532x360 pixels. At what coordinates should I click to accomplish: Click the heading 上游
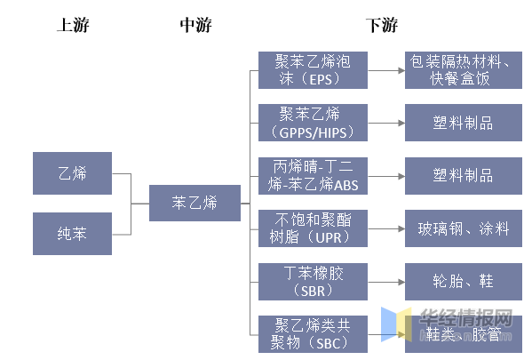coord(73,25)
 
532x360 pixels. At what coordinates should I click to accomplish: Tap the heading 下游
coord(381,25)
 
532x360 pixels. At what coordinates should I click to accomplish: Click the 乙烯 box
coord(73,173)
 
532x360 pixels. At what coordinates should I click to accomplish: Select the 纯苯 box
coord(73,233)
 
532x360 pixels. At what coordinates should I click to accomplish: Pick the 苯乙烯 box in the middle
coord(195,204)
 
